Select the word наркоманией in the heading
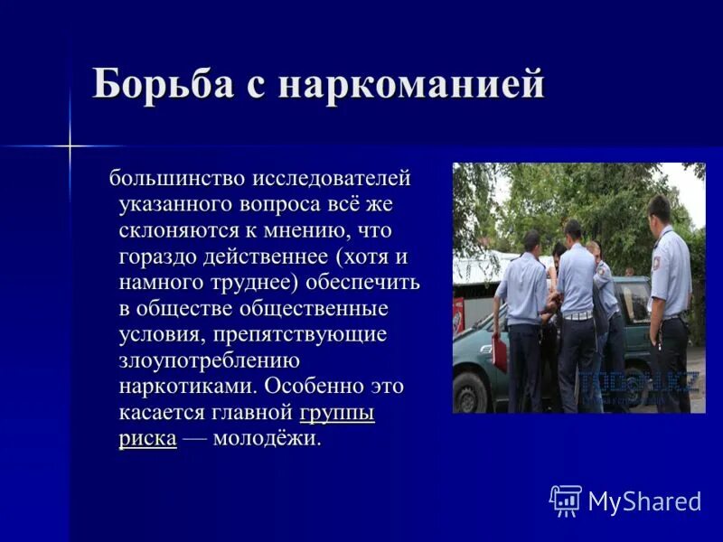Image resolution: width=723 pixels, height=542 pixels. point(412,84)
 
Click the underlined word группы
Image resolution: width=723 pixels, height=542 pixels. point(336,413)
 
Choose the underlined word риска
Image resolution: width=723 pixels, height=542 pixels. point(147,439)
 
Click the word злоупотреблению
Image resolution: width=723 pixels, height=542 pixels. point(209,360)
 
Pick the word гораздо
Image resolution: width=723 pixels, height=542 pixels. point(156,257)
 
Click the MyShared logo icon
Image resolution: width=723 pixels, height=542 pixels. point(565,500)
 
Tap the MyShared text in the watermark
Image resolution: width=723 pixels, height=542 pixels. point(644,501)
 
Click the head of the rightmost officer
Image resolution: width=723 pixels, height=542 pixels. point(660,211)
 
